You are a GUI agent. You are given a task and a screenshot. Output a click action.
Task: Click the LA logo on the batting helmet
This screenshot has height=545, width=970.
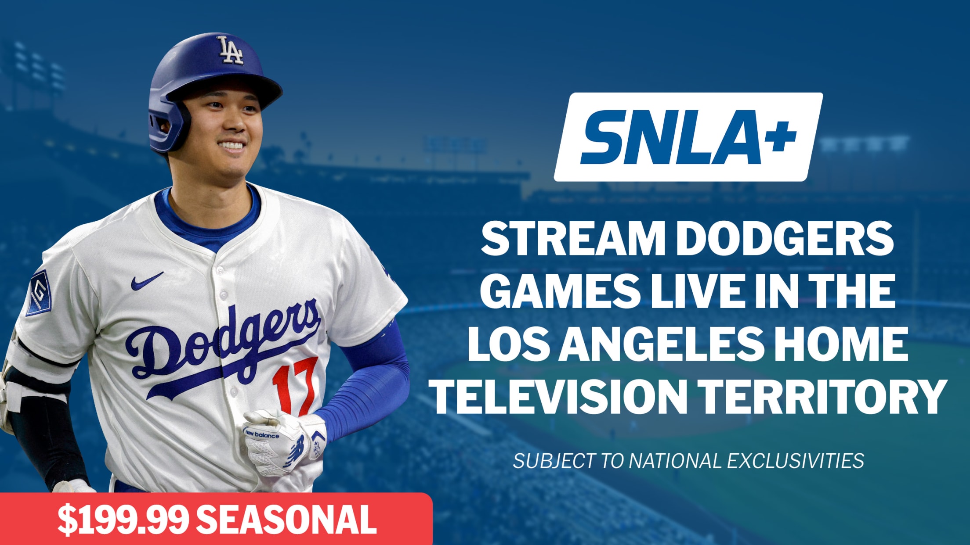click(230, 50)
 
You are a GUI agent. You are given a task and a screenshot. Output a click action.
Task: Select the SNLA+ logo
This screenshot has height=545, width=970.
click(688, 137)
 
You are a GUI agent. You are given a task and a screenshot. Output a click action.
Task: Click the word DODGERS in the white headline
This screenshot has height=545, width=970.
click(785, 239)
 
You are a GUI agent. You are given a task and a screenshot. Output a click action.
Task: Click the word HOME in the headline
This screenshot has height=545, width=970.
click(841, 343)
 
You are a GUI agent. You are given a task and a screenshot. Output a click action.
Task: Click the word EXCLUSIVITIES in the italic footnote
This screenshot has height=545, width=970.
click(795, 461)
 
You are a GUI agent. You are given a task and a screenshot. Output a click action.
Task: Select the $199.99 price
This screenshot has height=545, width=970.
click(123, 520)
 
